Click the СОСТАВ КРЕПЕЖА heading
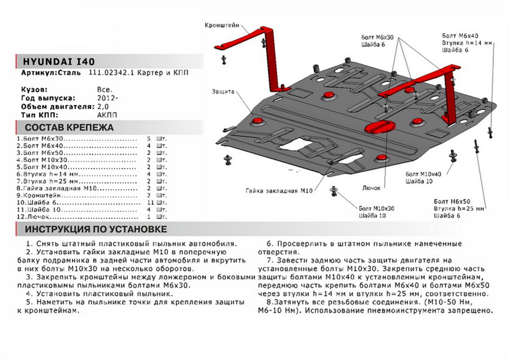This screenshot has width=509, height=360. pos(69,127)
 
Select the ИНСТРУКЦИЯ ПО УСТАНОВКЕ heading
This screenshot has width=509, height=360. pos(95,230)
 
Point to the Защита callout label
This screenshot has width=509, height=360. pos(223,91)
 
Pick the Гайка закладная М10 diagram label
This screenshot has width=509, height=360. pos(278,191)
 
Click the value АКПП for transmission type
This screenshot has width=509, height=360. pos(105,115)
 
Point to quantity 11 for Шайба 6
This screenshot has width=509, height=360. pos(148,202)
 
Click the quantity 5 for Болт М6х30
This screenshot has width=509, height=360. pos(148,139)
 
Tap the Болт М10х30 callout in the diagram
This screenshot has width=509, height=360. pos(376,208)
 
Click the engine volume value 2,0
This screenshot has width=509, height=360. pos(103,107)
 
